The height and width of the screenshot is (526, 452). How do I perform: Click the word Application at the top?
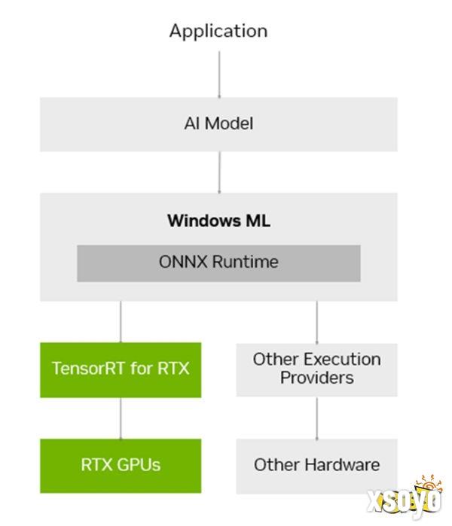pos(218,32)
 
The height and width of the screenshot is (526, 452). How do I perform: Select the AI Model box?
pos(218,124)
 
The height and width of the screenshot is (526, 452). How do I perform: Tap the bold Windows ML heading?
pos(218,220)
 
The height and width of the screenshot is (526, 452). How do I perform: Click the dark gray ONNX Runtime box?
pos(218,263)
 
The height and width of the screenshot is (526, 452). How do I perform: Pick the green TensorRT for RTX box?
pos(121,370)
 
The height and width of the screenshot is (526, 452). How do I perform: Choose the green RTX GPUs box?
pos(121,466)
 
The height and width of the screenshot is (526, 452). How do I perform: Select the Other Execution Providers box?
pos(316,370)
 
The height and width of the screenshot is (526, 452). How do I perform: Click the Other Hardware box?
pos(316,467)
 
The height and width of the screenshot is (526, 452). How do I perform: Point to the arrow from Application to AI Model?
pos(219,74)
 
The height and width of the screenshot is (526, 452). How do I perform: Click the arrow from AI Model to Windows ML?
pos(219,172)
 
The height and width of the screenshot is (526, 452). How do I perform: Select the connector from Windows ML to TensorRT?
pos(121,322)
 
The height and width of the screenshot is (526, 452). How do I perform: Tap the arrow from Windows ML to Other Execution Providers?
pos(316,322)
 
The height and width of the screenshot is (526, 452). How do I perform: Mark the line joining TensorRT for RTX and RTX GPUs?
pos(121,418)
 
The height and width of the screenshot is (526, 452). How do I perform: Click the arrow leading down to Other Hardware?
pos(316,418)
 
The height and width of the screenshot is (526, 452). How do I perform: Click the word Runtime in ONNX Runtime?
pos(246,262)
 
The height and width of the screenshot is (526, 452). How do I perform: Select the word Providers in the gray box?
pos(316,379)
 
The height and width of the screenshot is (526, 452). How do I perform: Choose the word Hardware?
pos(343,465)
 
